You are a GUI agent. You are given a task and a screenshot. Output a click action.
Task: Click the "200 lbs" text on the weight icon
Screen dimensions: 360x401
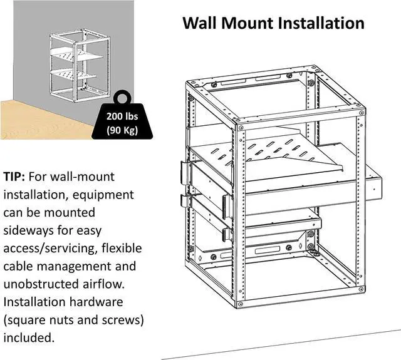coord(122,117)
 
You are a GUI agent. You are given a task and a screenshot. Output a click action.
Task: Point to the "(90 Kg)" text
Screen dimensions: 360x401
coord(122,131)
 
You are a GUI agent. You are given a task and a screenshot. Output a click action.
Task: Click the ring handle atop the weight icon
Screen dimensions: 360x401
coord(122,96)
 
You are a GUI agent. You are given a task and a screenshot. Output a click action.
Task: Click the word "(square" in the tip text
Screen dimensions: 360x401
coord(25,320)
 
